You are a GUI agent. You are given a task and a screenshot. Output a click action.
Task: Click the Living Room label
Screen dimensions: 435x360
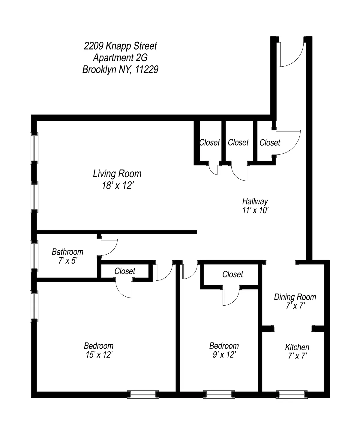click(x=117, y=174)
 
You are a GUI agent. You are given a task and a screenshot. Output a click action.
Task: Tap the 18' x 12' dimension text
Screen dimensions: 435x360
click(x=117, y=186)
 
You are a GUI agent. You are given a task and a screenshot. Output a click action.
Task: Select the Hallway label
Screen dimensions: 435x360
click(x=255, y=201)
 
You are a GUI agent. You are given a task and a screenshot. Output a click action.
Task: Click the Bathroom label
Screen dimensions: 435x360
click(x=67, y=252)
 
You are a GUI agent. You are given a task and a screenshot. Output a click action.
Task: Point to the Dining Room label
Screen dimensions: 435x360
click(x=295, y=297)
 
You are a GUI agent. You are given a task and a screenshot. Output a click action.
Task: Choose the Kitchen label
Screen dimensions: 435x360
click(x=297, y=347)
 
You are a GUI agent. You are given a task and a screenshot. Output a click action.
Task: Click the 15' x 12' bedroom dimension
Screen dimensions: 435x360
click(x=99, y=355)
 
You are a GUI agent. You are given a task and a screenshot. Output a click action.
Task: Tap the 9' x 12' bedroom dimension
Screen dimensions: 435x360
click(x=224, y=355)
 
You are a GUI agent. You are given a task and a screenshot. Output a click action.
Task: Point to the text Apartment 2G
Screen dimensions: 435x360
click(x=120, y=58)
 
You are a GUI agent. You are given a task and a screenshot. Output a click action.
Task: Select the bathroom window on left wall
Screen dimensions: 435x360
click(x=34, y=255)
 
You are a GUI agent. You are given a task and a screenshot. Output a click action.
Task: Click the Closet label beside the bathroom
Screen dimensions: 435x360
click(x=125, y=271)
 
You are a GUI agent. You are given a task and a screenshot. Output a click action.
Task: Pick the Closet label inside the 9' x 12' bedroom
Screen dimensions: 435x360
click(x=233, y=274)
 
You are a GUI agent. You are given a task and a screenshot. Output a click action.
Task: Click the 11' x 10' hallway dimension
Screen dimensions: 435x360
click(x=255, y=210)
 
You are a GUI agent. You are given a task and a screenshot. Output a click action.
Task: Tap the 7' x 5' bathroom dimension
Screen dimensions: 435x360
click(x=68, y=261)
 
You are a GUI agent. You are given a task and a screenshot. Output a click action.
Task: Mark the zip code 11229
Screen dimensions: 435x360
click(x=147, y=70)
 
